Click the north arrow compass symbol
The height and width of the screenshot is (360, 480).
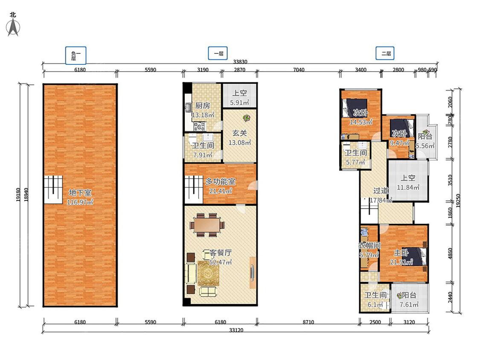tap(13, 27)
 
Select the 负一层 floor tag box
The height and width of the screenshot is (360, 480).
tap(76, 55)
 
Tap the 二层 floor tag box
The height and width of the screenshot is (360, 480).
tap(385, 53)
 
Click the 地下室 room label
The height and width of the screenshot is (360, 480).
tap(80, 192)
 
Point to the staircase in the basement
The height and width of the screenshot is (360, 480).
tap(53, 189)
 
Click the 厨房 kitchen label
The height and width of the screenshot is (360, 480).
tap(203, 106)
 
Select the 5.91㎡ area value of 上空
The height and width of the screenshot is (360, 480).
tap(239, 102)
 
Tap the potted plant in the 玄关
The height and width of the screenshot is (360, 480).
tap(247, 118)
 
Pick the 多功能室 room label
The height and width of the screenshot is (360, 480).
tap(221, 182)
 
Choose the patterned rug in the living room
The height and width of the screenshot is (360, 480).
tap(208, 273)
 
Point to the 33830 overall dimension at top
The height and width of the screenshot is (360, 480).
tap(240, 61)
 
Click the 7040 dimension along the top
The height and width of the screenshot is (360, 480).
tap(299, 70)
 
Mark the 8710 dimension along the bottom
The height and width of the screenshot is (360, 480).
tap(308, 322)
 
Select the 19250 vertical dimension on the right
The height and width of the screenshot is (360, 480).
tap(458, 201)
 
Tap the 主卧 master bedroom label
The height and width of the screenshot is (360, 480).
tap(401, 253)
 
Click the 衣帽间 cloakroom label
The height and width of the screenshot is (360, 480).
tap(369, 246)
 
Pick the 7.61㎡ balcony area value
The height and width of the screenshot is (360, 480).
tap(409, 305)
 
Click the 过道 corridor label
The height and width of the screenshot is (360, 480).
tap(381, 191)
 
